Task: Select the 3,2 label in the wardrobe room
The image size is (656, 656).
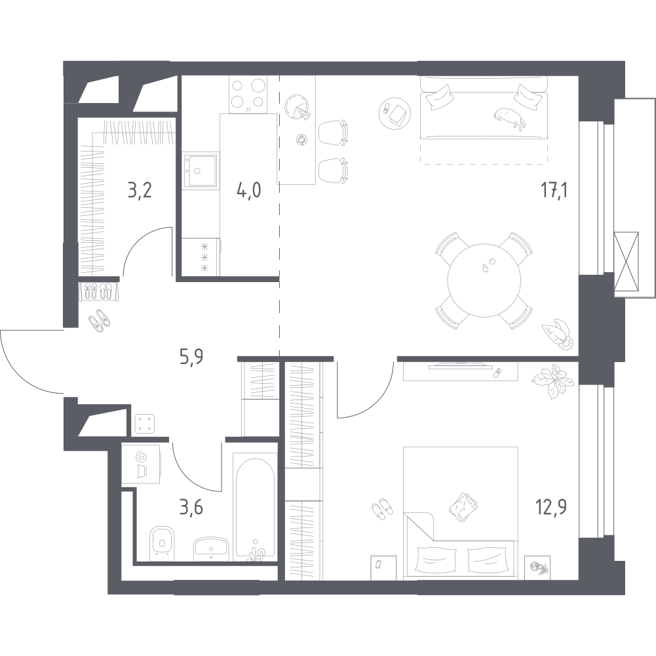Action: point(140,191)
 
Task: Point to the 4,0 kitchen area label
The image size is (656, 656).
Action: point(249,191)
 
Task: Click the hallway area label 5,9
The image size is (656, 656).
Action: point(191,359)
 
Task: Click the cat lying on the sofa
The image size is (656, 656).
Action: point(509,118)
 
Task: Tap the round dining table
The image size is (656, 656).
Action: point(484,280)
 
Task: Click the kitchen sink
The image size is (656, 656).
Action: point(200,170)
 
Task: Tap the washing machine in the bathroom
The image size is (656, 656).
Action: point(141,464)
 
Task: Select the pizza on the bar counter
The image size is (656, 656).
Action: point(298,106)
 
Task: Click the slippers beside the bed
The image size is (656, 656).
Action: point(382,508)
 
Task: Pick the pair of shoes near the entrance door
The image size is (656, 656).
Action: point(100,321)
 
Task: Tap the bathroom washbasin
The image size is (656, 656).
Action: point(211,548)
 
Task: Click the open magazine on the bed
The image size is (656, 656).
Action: point(463,506)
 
